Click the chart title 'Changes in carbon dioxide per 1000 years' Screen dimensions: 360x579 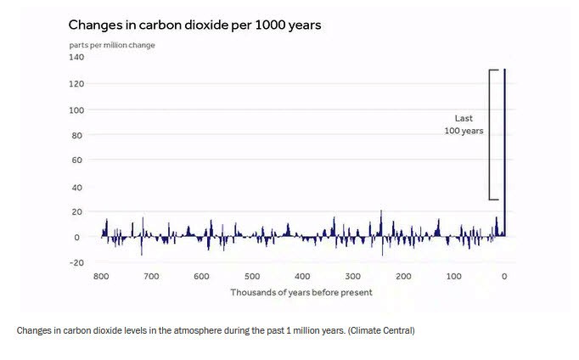[194, 25]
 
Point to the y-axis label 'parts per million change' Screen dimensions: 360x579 [112, 45]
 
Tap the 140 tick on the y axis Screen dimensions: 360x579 [76, 58]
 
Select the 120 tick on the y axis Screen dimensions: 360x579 [76, 84]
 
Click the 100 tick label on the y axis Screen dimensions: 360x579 [76, 110]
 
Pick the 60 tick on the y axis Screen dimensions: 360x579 [76, 160]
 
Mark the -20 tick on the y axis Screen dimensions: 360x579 [76, 262]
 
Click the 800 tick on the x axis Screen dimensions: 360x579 [101, 277]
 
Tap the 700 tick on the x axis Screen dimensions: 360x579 [151, 277]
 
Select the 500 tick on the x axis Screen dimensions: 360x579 [252, 277]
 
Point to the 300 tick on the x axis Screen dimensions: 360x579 [353, 277]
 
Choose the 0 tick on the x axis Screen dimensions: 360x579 [504, 277]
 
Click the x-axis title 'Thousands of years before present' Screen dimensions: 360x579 [301, 293]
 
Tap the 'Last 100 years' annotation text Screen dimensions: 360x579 [464, 125]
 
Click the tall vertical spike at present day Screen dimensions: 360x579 [505, 153]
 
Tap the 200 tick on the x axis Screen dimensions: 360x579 [403, 277]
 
